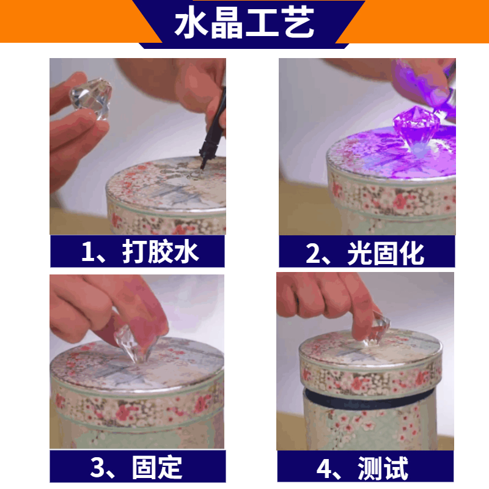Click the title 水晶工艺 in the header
tap(244, 23)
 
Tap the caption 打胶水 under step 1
tap(160, 251)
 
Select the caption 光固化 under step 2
tap(386, 253)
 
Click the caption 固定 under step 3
tap(157, 467)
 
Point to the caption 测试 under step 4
tap(383, 468)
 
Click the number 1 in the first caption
tap(87, 252)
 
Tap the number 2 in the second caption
tap(312, 253)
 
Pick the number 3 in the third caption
tap(97, 467)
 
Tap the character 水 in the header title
tap(191, 23)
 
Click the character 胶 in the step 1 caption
tap(160, 251)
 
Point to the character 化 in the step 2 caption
tap(411, 253)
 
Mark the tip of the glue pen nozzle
tap(201, 170)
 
